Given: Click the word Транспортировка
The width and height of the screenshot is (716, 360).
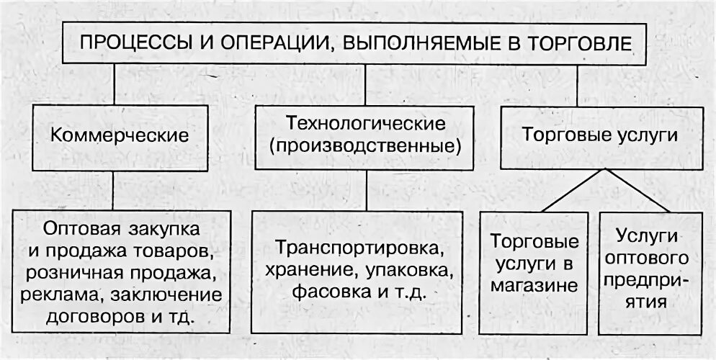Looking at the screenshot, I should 359,249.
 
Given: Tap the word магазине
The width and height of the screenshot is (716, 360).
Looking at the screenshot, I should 534,285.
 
